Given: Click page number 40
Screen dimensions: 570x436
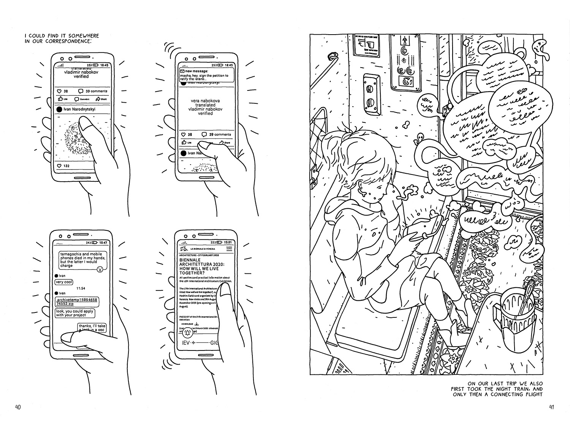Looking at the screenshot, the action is click(17, 407).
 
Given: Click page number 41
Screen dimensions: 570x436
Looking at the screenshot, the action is click(552, 407).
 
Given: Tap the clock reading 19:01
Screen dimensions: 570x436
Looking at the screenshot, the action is click(227, 242).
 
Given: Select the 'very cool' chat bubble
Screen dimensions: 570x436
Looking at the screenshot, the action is click(64, 282).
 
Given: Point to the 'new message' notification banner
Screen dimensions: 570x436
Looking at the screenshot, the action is click(205, 73).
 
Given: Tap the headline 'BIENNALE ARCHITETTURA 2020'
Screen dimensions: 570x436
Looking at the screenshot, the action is click(201, 266).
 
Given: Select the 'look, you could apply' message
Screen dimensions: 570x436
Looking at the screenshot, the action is click(75, 313).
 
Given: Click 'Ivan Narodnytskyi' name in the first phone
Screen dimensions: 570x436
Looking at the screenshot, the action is click(79, 109).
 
